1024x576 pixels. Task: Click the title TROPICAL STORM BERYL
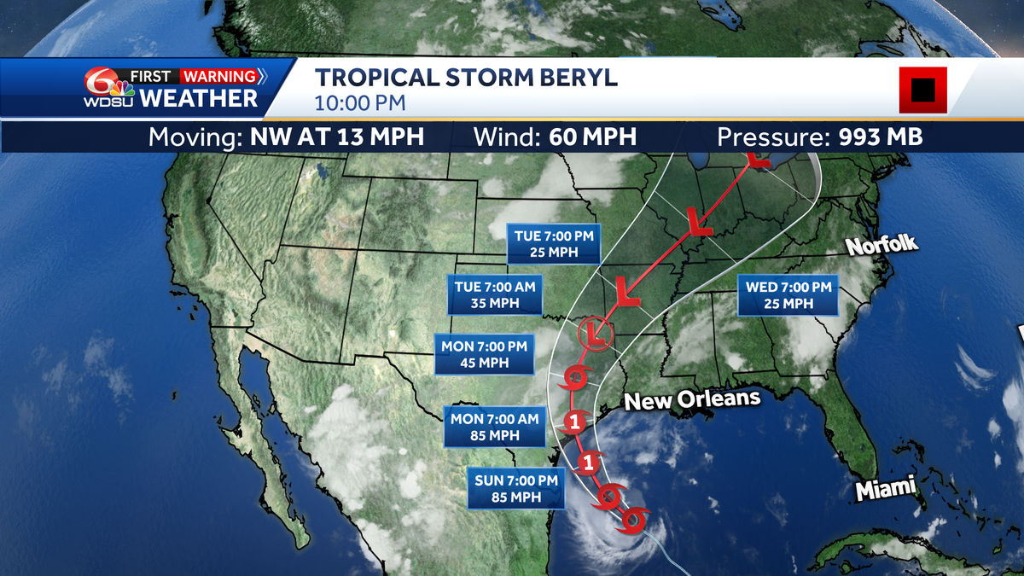(x=466, y=79)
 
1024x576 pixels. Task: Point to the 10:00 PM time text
(x=359, y=104)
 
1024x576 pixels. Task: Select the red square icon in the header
(x=922, y=90)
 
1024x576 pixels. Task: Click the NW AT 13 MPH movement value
(x=336, y=137)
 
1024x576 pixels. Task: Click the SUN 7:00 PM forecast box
(x=516, y=488)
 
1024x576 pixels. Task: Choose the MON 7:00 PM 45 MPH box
(x=483, y=354)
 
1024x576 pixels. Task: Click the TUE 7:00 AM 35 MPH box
(x=495, y=294)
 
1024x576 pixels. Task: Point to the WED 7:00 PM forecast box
(x=788, y=295)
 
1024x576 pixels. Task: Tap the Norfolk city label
(x=881, y=246)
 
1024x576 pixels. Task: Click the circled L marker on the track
(x=596, y=333)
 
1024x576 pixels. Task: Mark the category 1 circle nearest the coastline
(x=576, y=421)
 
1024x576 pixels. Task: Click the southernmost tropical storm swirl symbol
(x=635, y=518)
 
